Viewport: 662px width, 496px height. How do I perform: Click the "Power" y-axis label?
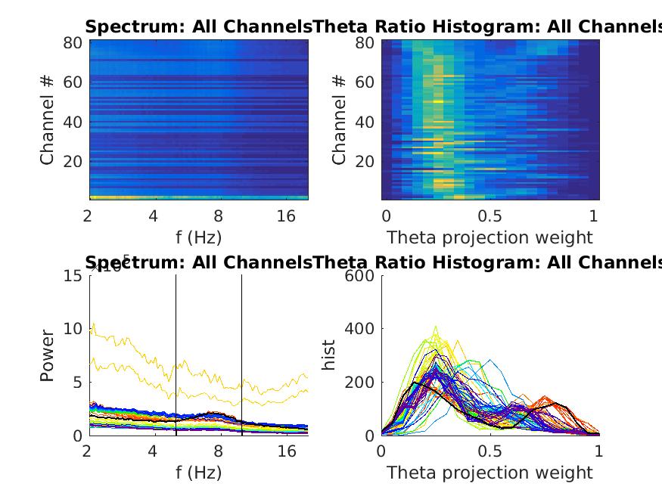[x=47, y=355]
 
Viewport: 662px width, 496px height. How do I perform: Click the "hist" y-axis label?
[x=329, y=355]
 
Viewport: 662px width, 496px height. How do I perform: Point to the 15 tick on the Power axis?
[x=73, y=276]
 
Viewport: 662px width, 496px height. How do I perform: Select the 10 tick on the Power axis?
[x=73, y=329]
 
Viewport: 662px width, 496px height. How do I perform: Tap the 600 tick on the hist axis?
[x=361, y=276]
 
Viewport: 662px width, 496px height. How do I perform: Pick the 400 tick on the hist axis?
[x=361, y=329]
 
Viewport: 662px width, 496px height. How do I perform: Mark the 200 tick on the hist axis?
[x=361, y=383]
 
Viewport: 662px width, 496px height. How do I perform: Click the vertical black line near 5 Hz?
[x=176, y=355]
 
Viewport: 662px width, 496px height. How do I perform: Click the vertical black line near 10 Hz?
[x=242, y=355]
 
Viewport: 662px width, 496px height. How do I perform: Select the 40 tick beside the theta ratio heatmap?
[x=365, y=122]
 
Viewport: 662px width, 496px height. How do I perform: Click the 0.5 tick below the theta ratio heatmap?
[x=490, y=216]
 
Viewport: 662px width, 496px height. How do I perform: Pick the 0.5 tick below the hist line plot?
[x=490, y=451]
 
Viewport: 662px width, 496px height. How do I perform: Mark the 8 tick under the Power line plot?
[x=218, y=451]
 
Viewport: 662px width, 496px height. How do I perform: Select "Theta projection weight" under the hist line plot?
[x=490, y=473]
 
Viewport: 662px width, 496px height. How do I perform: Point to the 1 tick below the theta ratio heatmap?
[x=594, y=216]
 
